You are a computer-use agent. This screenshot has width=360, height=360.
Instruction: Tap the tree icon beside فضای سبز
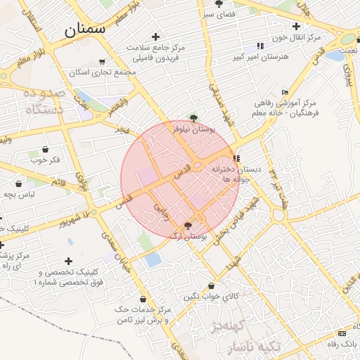[219, 4]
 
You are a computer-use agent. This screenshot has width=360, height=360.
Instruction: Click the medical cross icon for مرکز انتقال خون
[297, 26]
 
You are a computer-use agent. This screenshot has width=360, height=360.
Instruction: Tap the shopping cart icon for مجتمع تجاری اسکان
[103, 62]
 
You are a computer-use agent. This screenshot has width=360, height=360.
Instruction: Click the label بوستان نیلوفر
[193, 129]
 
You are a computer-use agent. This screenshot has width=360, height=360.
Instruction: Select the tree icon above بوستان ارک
[188, 225]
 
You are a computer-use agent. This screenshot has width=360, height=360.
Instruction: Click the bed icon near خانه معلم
[285, 92]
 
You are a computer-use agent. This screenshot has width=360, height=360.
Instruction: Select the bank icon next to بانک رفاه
[342, 333]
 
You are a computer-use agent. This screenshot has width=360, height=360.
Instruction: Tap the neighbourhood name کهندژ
[239, 326]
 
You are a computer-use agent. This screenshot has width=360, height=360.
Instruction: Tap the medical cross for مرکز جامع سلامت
[155, 37]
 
